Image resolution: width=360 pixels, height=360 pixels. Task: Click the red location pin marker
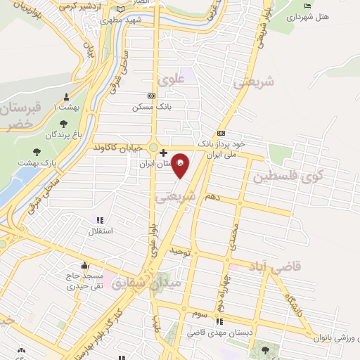(181, 162)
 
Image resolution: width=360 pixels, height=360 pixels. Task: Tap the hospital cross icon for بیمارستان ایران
(164, 153)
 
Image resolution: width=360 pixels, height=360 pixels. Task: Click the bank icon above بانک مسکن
(150, 96)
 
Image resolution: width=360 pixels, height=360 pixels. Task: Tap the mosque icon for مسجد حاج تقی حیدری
(84, 266)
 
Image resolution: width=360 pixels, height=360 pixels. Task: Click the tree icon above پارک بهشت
(36, 150)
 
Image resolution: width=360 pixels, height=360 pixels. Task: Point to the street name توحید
(179, 250)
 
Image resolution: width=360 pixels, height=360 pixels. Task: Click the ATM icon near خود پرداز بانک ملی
(221, 133)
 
